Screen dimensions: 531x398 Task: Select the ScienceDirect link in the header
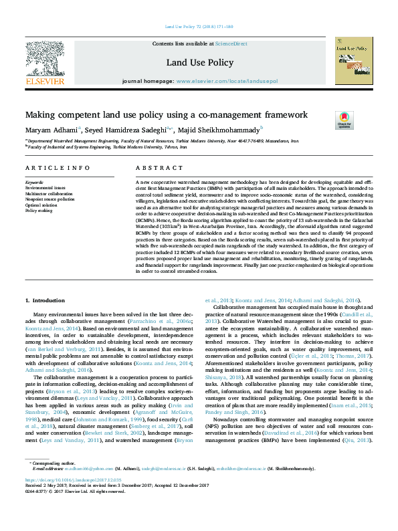point(231,43)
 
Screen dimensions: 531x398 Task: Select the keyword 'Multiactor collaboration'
point(47,194)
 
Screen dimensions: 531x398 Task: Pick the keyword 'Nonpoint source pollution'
point(49,199)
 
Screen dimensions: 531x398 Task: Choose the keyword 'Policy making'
point(38,211)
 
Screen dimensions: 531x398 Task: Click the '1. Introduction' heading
point(45,302)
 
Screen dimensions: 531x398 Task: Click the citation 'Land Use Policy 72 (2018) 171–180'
point(199,27)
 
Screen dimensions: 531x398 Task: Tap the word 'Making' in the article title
point(41,114)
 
